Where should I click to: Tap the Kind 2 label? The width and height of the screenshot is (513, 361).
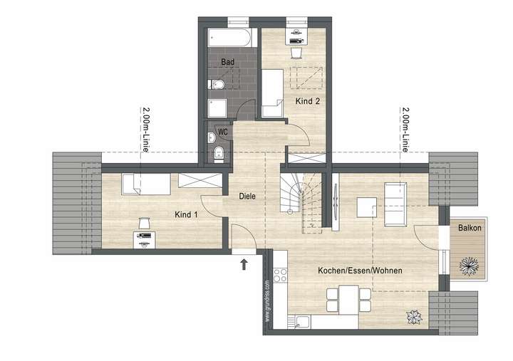308,101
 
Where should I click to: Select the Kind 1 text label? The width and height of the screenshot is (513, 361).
187,214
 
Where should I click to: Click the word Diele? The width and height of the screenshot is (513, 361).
247,196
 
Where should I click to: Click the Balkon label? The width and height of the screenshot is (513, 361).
469,228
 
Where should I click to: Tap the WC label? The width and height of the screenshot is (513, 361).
223,132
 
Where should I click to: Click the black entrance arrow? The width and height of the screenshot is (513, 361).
244,265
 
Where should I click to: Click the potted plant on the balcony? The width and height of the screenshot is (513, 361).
469,266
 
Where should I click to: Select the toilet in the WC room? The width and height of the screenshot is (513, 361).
219,154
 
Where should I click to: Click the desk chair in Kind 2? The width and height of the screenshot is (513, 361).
297,52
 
